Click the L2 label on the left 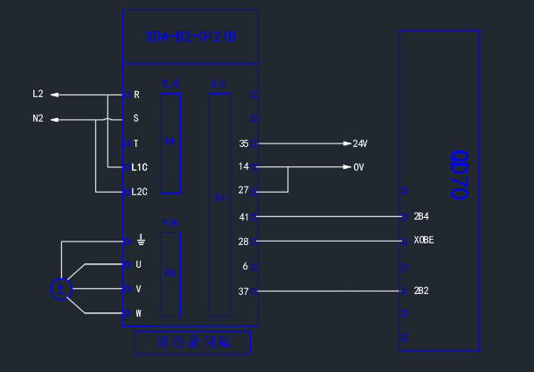click(x=38, y=94)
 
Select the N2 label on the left click(x=38, y=118)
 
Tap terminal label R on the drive click(x=136, y=94)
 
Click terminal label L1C click(x=140, y=166)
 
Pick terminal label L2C click(x=140, y=191)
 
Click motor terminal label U click(x=138, y=263)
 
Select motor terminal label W click(x=138, y=312)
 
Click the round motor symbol click(x=59, y=288)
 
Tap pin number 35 click(x=244, y=143)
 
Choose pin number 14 click(x=244, y=166)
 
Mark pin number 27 click(x=244, y=191)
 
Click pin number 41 click(x=244, y=216)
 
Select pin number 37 click(x=244, y=291)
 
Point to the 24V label click(x=360, y=143)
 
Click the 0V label click(x=358, y=166)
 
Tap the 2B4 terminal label click(x=421, y=216)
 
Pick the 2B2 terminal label click(x=421, y=291)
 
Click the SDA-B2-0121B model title click(x=191, y=37)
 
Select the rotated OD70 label click(x=460, y=174)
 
